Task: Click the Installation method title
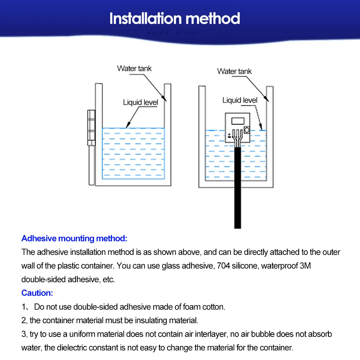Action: click(x=175, y=19)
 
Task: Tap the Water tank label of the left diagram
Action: click(x=134, y=68)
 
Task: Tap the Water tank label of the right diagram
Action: click(x=234, y=71)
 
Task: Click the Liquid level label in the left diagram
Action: click(x=140, y=103)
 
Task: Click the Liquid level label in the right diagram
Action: click(x=240, y=100)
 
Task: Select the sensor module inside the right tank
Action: click(x=237, y=128)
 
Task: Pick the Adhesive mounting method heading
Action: click(x=74, y=238)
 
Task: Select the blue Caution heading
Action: click(x=37, y=293)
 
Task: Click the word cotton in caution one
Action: click(x=215, y=307)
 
